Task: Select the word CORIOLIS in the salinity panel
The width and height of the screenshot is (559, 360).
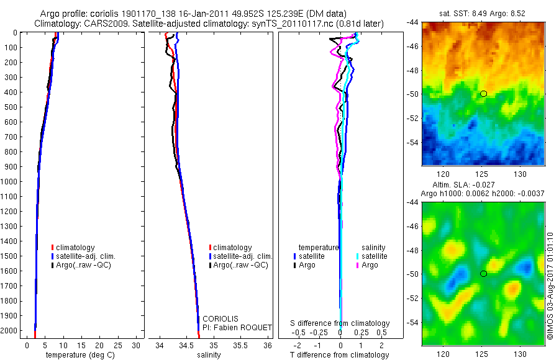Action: point(220,318)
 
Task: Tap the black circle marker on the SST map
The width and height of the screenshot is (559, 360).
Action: point(483,94)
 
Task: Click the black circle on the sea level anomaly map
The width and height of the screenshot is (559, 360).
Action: point(483,274)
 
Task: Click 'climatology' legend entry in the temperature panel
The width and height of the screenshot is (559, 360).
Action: point(76,248)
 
